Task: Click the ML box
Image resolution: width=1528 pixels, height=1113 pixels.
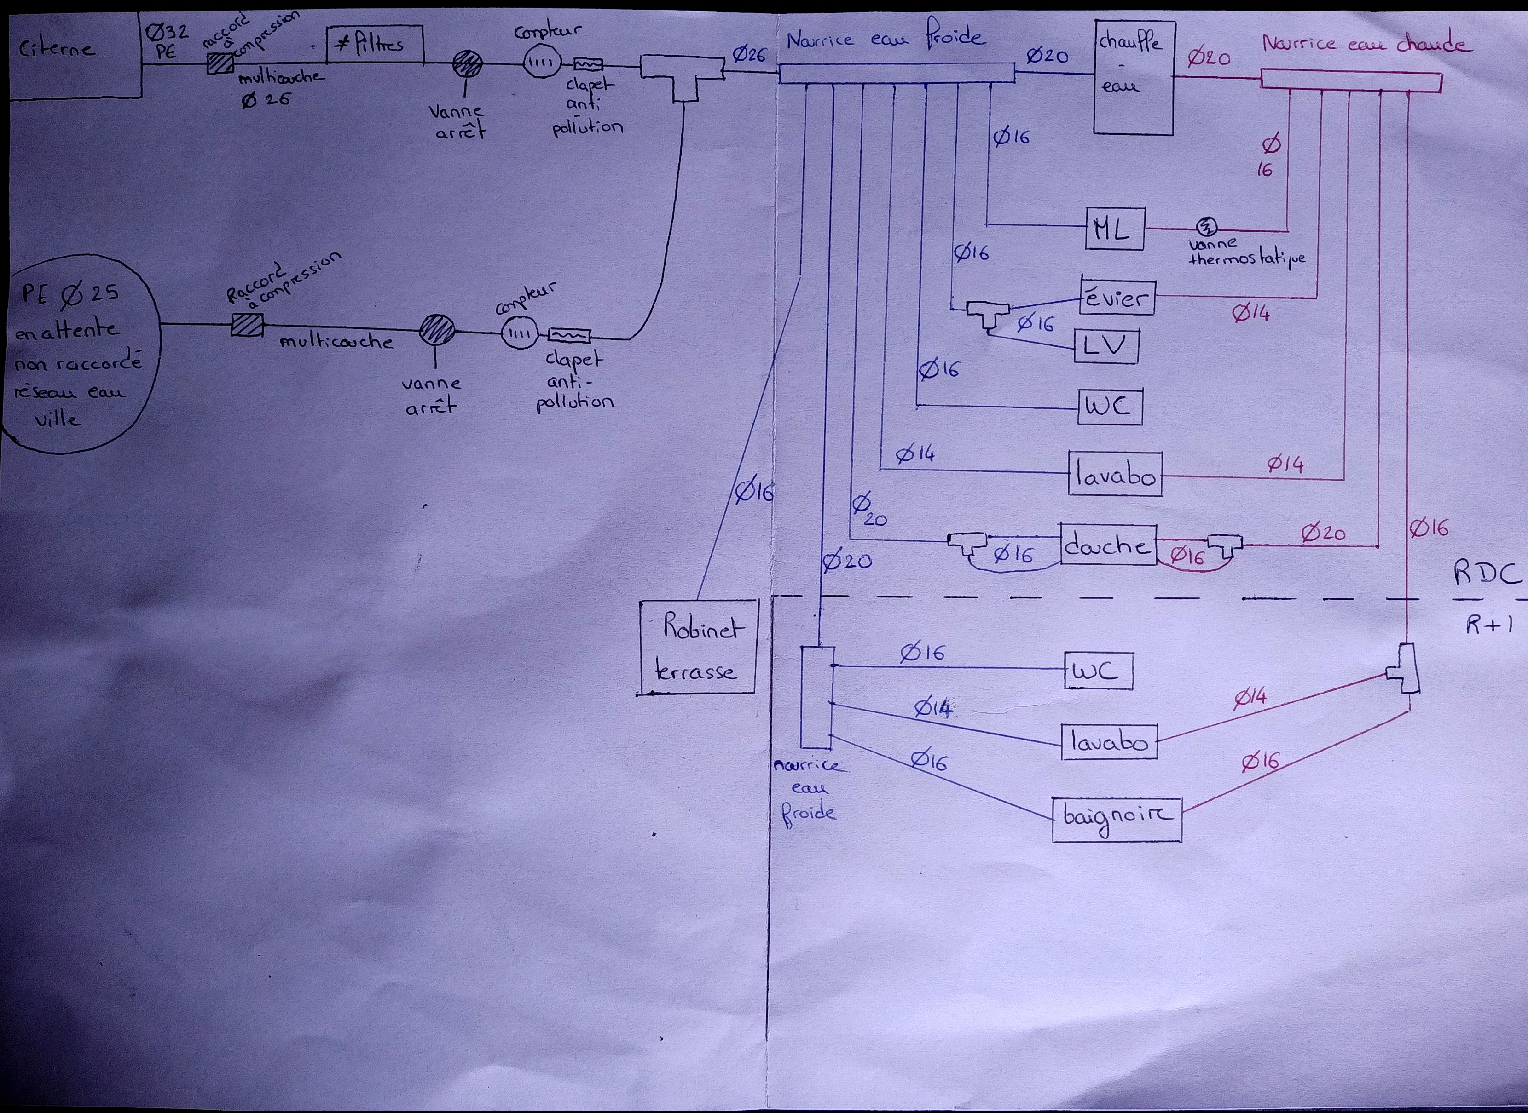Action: tap(1116, 230)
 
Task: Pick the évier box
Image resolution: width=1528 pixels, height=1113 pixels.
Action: tap(1117, 297)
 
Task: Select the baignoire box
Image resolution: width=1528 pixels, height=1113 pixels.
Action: tap(1116, 819)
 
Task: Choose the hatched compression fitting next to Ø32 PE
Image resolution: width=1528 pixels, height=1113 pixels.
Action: tap(220, 63)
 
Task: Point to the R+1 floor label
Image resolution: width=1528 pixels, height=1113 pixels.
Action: tap(1488, 625)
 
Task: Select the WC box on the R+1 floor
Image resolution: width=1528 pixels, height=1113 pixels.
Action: tap(1098, 671)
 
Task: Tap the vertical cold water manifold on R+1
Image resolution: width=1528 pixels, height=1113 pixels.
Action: tap(817, 697)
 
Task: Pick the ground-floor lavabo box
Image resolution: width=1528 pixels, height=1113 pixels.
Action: tap(1115, 476)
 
